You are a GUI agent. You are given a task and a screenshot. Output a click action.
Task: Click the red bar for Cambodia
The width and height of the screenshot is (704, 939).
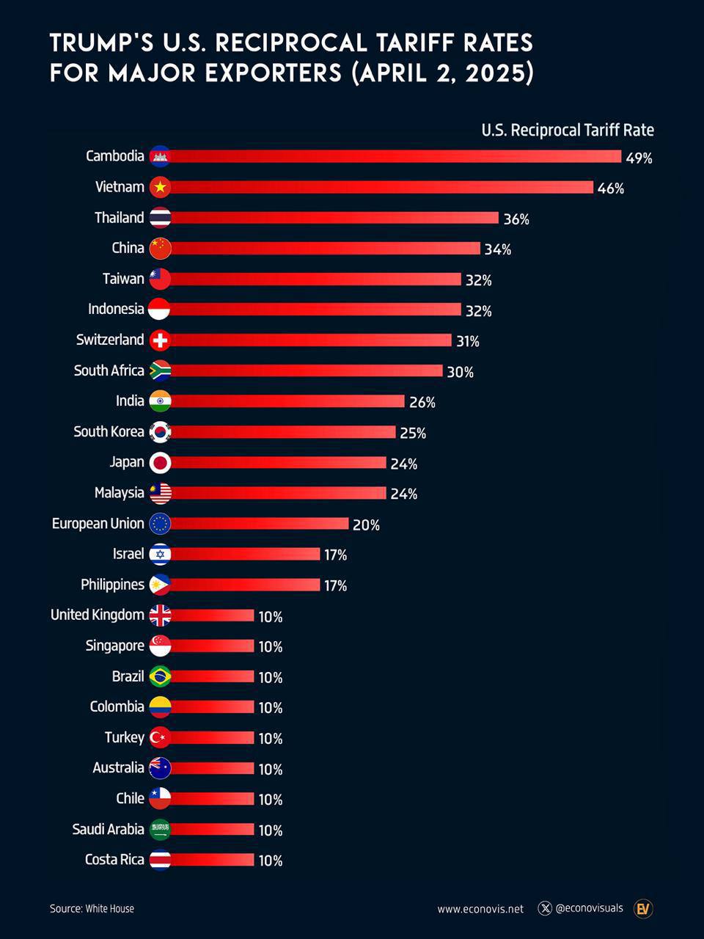(x=396, y=156)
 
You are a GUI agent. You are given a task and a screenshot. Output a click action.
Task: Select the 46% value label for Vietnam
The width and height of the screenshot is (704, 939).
(x=610, y=189)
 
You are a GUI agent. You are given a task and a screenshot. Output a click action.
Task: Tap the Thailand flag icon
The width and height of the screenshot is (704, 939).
(x=160, y=218)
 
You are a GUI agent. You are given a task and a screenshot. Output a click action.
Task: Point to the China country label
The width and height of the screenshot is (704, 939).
(x=128, y=248)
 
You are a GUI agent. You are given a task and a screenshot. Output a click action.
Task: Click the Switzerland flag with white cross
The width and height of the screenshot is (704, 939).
(x=160, y=340)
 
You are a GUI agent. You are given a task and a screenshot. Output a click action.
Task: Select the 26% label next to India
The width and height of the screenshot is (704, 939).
(x=422, y=402)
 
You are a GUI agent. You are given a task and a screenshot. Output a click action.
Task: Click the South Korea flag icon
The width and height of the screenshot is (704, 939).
(x=160, y=432)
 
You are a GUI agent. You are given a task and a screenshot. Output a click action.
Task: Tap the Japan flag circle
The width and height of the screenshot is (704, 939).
(x=160, y=463)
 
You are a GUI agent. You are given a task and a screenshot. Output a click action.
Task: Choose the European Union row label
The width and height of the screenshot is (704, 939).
(x=98, y=524)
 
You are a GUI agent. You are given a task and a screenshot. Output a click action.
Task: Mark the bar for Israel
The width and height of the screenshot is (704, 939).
(x=246, y=555)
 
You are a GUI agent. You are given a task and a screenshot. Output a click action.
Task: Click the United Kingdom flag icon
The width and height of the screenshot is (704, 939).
(x=160, y=615)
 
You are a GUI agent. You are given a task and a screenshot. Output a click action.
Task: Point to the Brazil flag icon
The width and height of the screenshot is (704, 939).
(x=160, y=676)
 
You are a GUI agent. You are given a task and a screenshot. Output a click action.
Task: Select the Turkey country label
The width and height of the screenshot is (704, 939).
(x=124, y=737)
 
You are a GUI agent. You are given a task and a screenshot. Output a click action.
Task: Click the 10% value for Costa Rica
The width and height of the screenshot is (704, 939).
(x=270, y=861)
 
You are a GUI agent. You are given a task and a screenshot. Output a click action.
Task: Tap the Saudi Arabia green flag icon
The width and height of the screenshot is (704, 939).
(x=160, y=830)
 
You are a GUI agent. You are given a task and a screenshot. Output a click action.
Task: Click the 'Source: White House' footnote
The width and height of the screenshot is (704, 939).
(x=92, y=909)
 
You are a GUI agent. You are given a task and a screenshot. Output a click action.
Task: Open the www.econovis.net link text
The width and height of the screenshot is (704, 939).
(x=480, y=909)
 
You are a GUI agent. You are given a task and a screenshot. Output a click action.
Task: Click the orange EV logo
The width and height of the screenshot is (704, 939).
(x=643, y=909)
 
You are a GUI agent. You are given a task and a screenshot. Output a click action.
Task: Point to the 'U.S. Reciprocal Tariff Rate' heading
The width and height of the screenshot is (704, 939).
(x=567, y=131)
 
